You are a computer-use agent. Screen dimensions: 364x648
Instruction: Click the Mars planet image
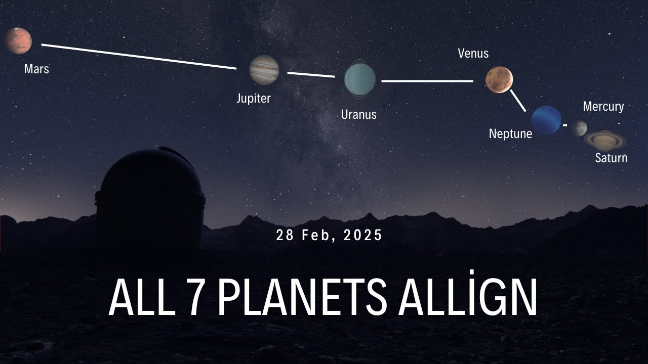click(18, 41)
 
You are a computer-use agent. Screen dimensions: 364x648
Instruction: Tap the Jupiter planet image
click(264, 70)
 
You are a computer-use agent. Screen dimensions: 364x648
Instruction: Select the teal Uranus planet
click(360, 79)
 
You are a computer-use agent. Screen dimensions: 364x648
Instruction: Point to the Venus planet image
click(499, 80)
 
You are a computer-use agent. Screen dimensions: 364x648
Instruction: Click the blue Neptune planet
click(546, 121)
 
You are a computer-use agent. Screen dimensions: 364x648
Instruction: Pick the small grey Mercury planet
click(579, 128)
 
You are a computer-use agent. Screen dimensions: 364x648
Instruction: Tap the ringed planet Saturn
click(605, 140)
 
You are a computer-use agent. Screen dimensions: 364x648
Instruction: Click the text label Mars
click(36, 69)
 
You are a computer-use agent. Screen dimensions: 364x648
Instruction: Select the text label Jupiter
click(254, 98)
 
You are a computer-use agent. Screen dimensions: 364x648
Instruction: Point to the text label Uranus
click(358, 114)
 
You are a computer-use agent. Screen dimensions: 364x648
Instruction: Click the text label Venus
click(473, 53)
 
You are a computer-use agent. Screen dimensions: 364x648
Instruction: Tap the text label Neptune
click(510, 133)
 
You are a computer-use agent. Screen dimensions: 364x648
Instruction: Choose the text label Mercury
click(603, 107)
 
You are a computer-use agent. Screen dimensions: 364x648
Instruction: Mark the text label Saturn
click(611, 158)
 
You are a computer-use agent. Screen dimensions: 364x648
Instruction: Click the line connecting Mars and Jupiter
click(139, 56)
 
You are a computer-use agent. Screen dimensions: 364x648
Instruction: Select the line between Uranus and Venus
click(427, 80)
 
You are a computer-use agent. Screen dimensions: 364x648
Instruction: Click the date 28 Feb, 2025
click(330, 235)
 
